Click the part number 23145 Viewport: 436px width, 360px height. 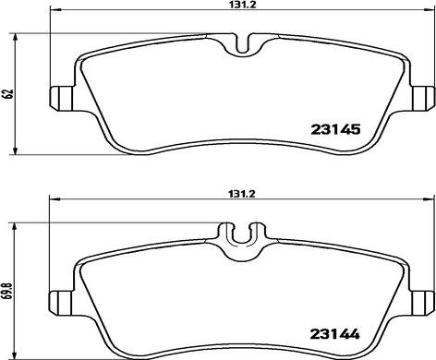pyautogui.click(x=335, y=129)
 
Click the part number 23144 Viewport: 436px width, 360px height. pyautogui.click(x=334, y=334)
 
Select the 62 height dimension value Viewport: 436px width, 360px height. pyautogui.click(x=9, y=93)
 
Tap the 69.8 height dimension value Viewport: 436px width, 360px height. pyautogui.click(x=9, y=292)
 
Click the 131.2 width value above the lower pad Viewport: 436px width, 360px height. pyautogui.click(x=242, y=194)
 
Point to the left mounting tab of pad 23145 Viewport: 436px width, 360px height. pyautogui.click(x=62, y=98)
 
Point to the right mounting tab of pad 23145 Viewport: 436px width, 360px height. pyautogui.click(x=423, y=98)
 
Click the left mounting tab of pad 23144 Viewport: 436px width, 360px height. pyautogui.click(x=61, y=303)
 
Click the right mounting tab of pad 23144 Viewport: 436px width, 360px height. pyautogui.click(x=423, y=303)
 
